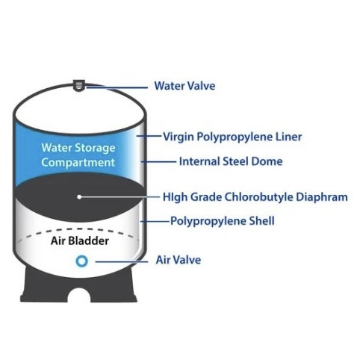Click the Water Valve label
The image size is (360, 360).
pos(184,86)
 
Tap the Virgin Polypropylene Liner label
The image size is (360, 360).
pos(232,137)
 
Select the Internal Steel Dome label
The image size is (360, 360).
pos(231,161)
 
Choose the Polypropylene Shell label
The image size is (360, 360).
pos(223,221)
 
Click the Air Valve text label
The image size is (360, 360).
pos(179,260)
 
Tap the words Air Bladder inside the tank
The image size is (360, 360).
pos(80,240)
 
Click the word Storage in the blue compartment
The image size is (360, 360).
pos(95,148)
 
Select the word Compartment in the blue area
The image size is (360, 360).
pos(78,162)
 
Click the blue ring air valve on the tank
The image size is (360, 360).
pos(81,261)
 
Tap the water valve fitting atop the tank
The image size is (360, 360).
pos(78,85)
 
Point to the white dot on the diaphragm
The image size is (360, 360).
pos(79,197)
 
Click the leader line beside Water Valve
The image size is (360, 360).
pos(117,87)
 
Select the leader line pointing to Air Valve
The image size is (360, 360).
pos(122,261)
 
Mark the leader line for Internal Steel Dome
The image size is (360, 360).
pos(158,162)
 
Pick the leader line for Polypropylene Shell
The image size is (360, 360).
pos(155,221)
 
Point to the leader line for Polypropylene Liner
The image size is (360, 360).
pos(149,136)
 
